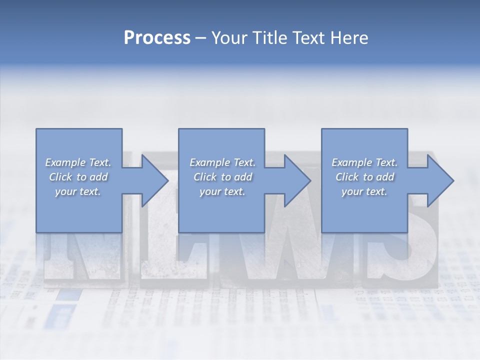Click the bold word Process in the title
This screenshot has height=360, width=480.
157,37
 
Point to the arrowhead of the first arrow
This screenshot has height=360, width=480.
155,180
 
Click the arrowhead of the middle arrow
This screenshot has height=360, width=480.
297,180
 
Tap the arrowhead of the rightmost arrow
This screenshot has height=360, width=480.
440,180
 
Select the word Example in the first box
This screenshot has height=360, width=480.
65,162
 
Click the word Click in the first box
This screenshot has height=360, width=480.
60,177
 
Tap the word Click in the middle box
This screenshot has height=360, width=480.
204,177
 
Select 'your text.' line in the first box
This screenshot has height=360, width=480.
78,191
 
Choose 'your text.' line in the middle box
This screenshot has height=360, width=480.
222,191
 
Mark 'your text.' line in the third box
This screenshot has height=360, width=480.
364,191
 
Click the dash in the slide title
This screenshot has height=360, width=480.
201,38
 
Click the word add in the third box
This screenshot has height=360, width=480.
385,177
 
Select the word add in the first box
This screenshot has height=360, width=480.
98,177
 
